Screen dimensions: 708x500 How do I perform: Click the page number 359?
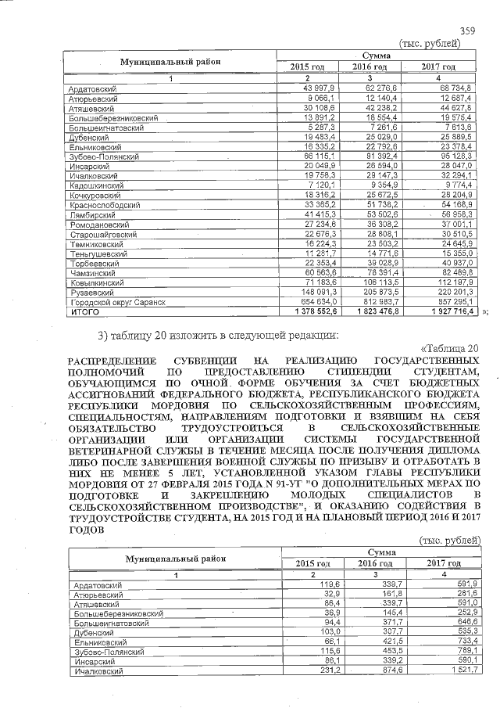coord(467,31)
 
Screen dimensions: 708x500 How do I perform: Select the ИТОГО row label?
coord(84,311)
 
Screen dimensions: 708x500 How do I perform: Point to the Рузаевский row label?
coord(90,292)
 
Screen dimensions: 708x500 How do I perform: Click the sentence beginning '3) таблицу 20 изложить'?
coord(219,336)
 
